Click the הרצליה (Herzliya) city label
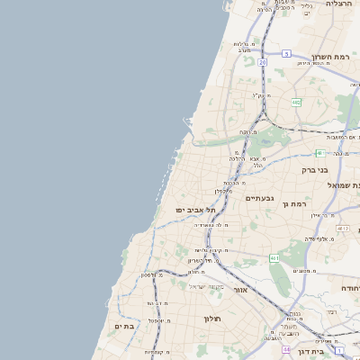[340, 4]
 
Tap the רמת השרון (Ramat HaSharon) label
[330, 57]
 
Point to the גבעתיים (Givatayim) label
[259, 198]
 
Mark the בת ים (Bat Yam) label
[123, 326]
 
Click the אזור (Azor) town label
[240, 290]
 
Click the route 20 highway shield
[263, 62]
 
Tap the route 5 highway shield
[285, 54]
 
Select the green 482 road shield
[296, 103]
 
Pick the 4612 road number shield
[342, 229]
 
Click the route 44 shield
[286, 348]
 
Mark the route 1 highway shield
[339, 343]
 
